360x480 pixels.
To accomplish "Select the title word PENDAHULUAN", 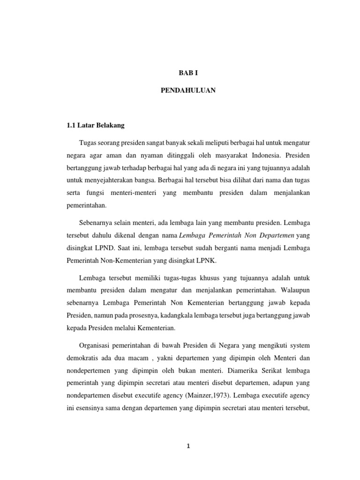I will click(188, 90).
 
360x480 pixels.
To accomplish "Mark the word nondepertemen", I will click(89, 370).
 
